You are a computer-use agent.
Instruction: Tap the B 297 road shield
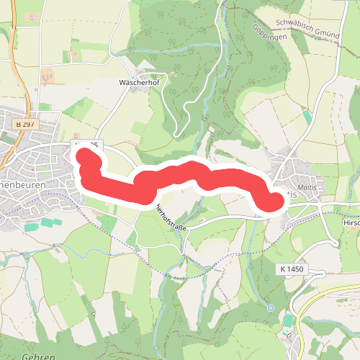pos(26,125)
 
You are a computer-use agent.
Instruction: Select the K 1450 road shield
pos(291,269)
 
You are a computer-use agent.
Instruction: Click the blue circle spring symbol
pos(271,308)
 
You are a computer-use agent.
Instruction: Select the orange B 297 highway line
pos(24,79)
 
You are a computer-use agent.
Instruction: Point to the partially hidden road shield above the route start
pos(90,146)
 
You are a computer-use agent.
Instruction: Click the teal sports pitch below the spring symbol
pos(289,320)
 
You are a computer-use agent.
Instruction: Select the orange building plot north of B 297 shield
pos(48,75)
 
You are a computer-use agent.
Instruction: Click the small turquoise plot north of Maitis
pos(307,117)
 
